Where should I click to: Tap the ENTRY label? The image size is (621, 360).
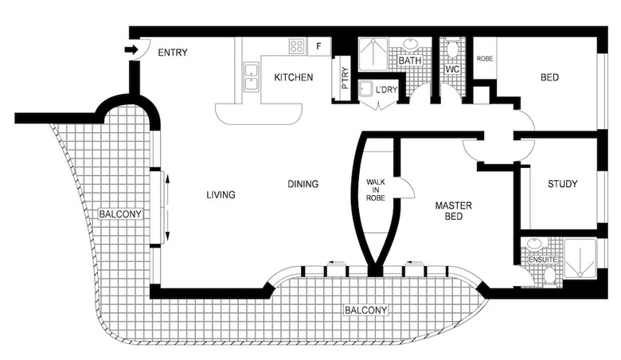tap(173, 53)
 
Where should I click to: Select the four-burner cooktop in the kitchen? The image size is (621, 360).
tap(297, 46)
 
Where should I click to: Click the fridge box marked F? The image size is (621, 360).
tap(319, 46)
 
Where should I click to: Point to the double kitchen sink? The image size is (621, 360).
tap(252, 76)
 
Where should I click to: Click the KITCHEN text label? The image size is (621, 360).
tap(293, 77)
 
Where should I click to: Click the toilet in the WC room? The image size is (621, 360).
tap(452, 51)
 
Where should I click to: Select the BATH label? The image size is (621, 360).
tap(409, 61)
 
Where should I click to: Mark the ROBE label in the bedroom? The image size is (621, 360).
tap(484, 59)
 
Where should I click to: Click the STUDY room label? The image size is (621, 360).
tap(562, 185)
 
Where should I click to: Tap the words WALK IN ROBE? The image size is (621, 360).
tap(375, 190)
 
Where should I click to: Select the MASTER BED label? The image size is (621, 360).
tap(453, 211)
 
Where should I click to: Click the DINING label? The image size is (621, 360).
tap(303, 185)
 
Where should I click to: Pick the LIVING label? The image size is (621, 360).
tap(221, 194)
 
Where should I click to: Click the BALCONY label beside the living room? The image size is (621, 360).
tap(120, 214)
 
